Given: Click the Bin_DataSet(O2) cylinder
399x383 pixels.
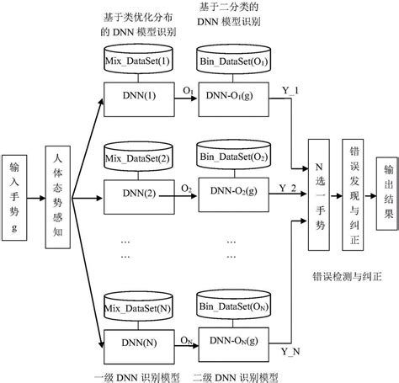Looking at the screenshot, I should pyautogui.click(x=233, y=158).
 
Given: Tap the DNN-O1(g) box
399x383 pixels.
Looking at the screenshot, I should pyautogui.click(x=233, y=94).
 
